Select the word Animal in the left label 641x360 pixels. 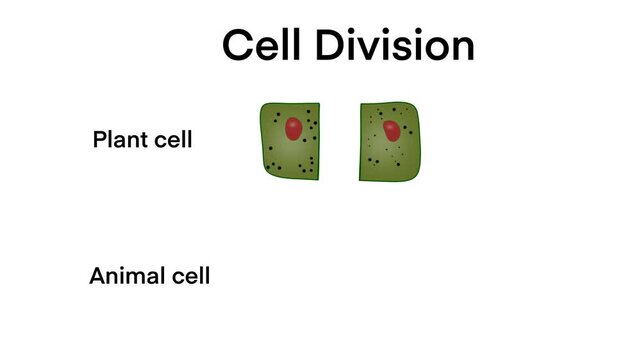click(125, 276)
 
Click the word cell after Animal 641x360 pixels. click(188, 276)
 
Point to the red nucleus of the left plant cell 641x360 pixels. click(293, 128)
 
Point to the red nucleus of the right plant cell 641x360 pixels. click(392, 131)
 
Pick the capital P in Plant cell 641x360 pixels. click(99, 139)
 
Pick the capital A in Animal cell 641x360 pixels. click(98, 276)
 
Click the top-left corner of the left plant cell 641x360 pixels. click(263, 104)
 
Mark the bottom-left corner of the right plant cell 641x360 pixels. click(361, 179)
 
